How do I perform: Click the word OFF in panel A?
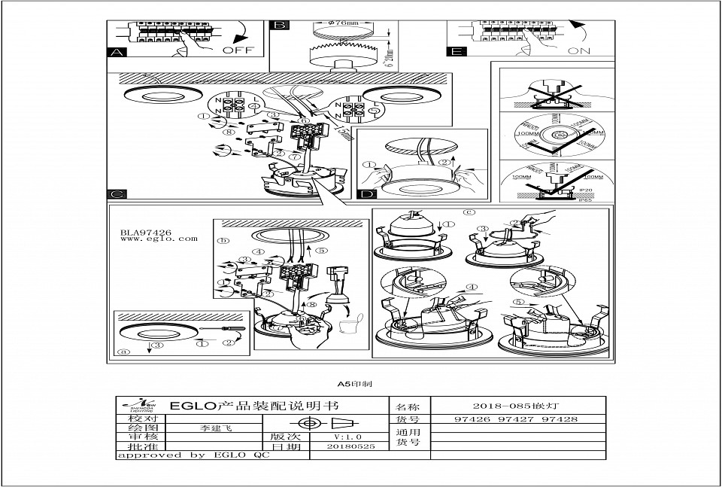coord(238,50)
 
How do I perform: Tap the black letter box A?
coord(116,53)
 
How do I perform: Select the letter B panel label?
coord(279,26)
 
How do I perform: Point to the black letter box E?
coord(456,52)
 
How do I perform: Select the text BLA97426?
coord(146,232)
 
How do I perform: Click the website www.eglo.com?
coord(159,239)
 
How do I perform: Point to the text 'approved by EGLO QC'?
coord(193,455)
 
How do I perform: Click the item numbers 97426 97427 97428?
coord(517,419)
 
